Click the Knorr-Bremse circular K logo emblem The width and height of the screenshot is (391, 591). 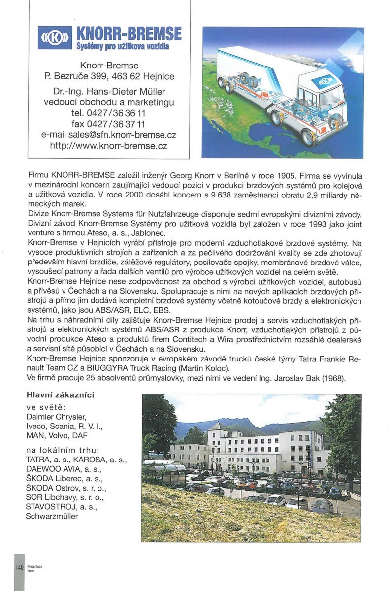tap(55, 38)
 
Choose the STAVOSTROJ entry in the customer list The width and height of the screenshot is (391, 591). tap(49, 507)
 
